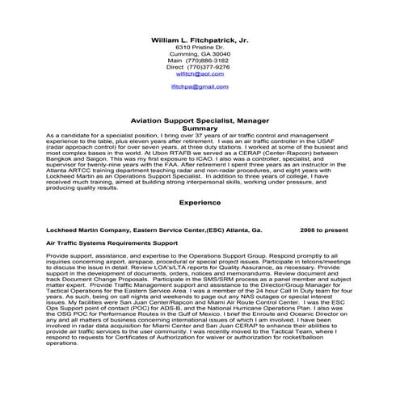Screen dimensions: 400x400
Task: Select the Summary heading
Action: [200, 128]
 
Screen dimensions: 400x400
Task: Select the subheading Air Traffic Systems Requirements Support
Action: [112, 242]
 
